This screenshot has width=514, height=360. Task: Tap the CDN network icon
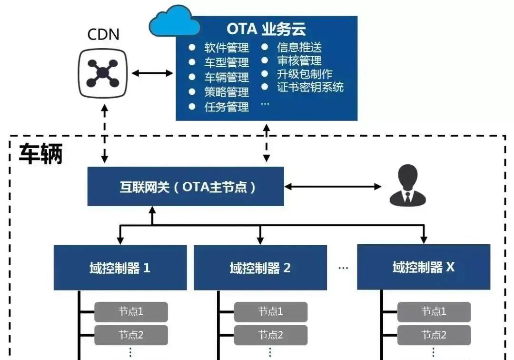coord(102,73)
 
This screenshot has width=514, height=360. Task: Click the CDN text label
coord(103,34)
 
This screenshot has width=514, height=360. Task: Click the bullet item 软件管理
coord(227,48)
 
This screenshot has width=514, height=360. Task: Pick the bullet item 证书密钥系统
coord(310,87)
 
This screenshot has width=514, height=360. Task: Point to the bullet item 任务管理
coord(227,107)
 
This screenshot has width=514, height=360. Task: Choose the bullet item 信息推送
coord(299,47)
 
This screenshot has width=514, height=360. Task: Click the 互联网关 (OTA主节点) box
coord(186,186)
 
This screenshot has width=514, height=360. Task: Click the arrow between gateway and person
coord(333,186)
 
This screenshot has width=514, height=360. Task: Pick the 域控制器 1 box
coord(120,268)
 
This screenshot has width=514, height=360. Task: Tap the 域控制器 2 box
coord(260,268)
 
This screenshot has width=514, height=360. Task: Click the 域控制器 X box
coord(423,267)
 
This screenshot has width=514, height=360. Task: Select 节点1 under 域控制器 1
coord(131,312)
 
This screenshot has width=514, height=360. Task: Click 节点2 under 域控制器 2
coord(270,335)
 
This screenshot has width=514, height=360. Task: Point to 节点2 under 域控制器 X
coord(434,335)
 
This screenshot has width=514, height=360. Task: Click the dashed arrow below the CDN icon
coord(105,133)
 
